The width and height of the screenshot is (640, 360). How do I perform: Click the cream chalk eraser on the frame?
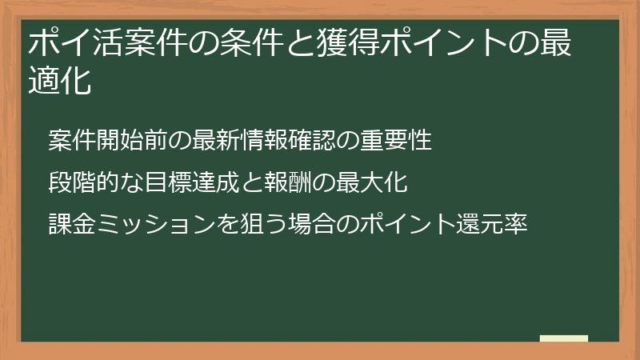point(564,339)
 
